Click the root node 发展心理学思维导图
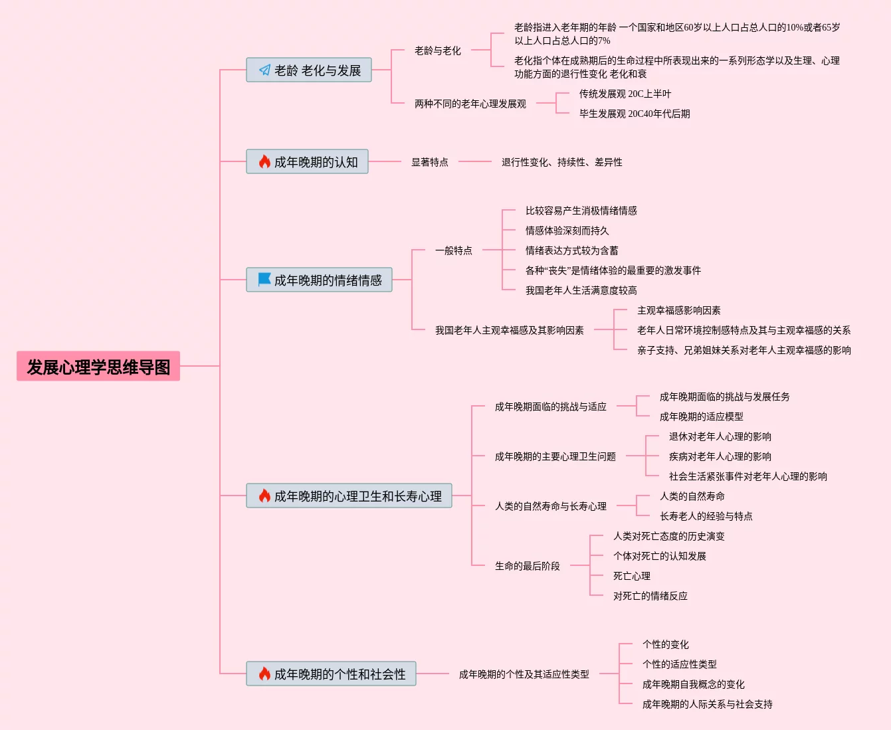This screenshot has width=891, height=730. (x=98, y=366)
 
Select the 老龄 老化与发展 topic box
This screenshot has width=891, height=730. (x=309, y=70)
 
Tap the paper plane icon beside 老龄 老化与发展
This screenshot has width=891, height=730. (x=264, y=70)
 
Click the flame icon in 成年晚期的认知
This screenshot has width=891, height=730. (x=264, y=161)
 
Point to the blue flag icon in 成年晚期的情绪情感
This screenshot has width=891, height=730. (x=264, y=280)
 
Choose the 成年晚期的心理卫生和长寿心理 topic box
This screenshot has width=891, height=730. (x=349, y=496)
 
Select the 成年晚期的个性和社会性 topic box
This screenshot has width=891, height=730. (x=331, y=674)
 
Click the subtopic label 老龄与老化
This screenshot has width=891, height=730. (x=437, y=50)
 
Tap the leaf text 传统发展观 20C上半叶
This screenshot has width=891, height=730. (x=625, y=94)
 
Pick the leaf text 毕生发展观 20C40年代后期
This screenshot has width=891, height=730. (x=634, y=114)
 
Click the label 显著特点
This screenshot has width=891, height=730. (x=429, y=162)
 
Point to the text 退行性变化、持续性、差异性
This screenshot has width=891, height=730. (x=561, y=162)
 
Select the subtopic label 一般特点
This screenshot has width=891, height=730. (x=453, y=250)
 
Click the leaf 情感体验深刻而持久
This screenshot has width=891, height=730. (x=567, y=230)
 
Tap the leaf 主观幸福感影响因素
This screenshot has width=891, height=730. (x=678, y=310)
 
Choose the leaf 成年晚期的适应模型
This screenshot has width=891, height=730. (x=701, y=416)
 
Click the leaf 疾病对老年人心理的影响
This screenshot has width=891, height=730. (x=720, y=456)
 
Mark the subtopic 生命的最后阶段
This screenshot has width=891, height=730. (x=527, y=566)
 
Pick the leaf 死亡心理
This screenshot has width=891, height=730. (x=631, y=576)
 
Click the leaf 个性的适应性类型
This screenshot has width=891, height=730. (x=679, y=664)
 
